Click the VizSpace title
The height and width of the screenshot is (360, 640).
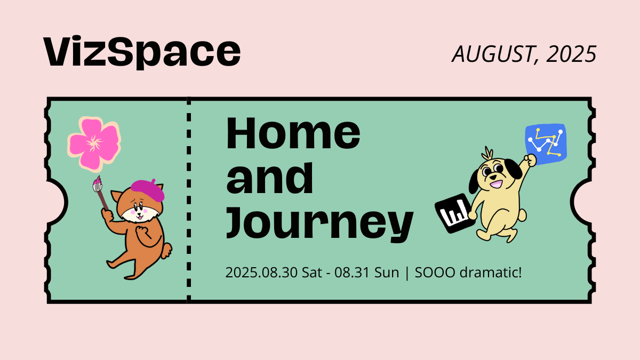[142, 52]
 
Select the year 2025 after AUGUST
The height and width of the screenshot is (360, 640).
[571, 54]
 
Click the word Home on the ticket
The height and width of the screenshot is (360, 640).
[293, 133]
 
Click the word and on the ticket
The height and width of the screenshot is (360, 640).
[270, 178]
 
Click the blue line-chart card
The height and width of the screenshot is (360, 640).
[546, 144]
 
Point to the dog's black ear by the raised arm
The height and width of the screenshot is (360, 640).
[513, 169]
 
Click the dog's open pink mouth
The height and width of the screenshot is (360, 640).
[497, 183]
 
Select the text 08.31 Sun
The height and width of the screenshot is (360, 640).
[366, 273]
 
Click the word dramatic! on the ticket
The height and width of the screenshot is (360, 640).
[491, 273]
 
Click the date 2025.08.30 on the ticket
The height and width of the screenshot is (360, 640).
[261, 273]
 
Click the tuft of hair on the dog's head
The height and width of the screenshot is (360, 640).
[487, 154]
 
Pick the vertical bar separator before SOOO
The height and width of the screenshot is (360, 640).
[407, 273]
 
